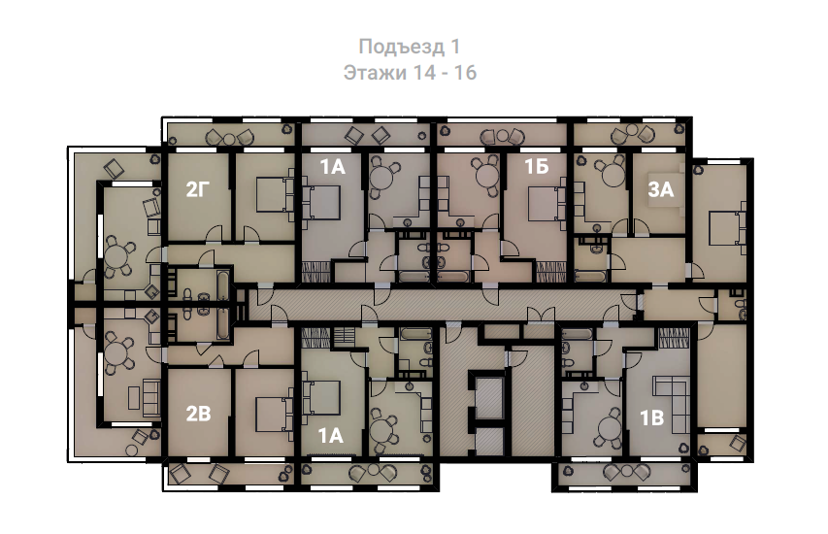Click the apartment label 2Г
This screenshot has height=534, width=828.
198,189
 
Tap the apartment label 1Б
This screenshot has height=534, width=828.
537,167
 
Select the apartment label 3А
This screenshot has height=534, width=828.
661,189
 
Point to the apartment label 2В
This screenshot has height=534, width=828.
199,415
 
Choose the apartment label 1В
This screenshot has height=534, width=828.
651,418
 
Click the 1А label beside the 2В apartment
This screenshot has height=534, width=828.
331,436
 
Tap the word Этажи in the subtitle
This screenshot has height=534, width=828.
375,73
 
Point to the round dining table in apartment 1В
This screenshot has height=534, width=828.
609,425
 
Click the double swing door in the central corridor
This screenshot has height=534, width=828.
541,316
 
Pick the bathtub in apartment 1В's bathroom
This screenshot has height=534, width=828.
578,334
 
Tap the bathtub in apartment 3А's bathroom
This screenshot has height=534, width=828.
590,276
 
